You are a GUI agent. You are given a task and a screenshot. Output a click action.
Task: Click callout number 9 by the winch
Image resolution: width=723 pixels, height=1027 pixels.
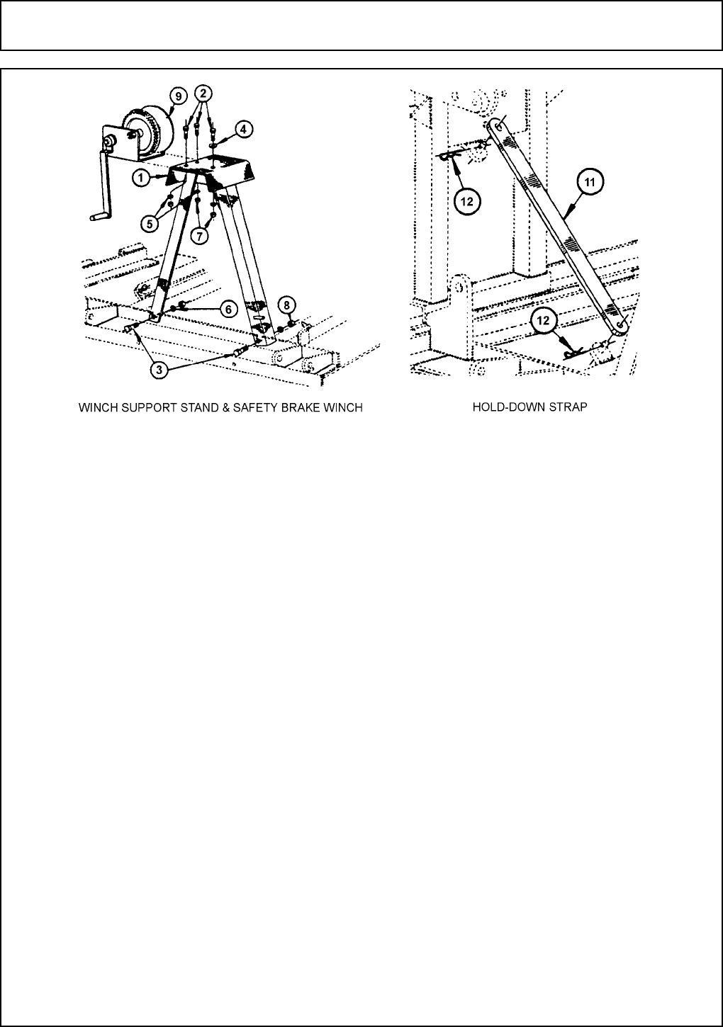pyautogui.click(x=179, y=96)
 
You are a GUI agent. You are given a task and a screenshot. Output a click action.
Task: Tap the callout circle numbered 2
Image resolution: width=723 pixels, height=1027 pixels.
pyautogui.click(x=203, y=93)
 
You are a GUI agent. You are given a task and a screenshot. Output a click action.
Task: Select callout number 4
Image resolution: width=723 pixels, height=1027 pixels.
pyautogui.click(x=242, y=129)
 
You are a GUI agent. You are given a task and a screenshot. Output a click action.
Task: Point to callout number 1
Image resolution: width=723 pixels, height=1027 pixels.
pyautogui.click(x=142, y=178)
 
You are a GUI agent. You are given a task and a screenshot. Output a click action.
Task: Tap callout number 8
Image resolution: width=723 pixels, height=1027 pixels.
pyautogui.click(x=287, y=305)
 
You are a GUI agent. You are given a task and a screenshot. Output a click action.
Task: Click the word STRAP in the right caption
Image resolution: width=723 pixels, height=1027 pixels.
pyautogui.click(x=569, y=409)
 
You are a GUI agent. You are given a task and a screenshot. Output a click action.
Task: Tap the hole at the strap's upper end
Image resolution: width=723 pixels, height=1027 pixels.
pyautogui.click(x=498, y=126)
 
